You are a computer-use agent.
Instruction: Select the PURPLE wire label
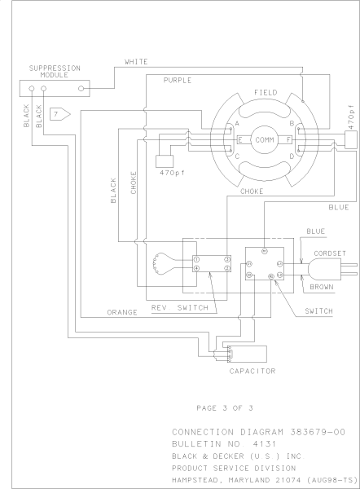pyautogui.click(x=178, y=81)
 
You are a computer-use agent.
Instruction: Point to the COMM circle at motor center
pyautogui.click(x=266, y=140)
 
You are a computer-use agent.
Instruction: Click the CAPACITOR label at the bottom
pyautogui.click(x=251, y=370)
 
